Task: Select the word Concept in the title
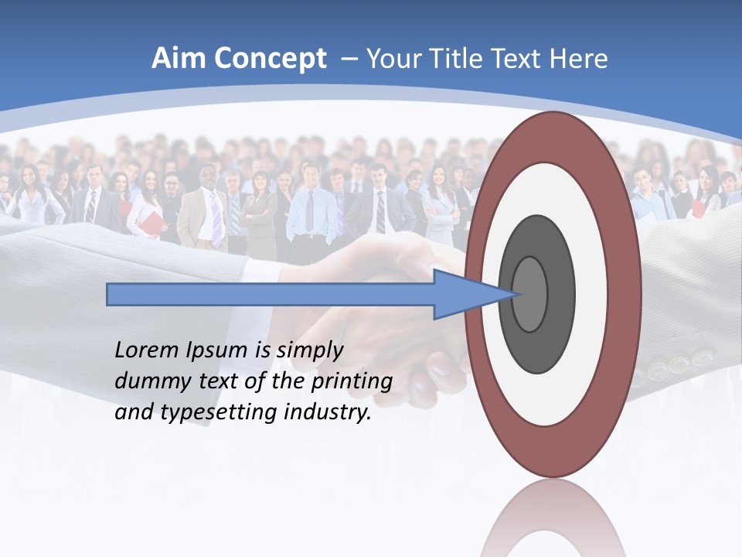(269, 60)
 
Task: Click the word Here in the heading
(578, 59)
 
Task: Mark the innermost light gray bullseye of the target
(529, 294)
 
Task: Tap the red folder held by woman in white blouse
(155, 222)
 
